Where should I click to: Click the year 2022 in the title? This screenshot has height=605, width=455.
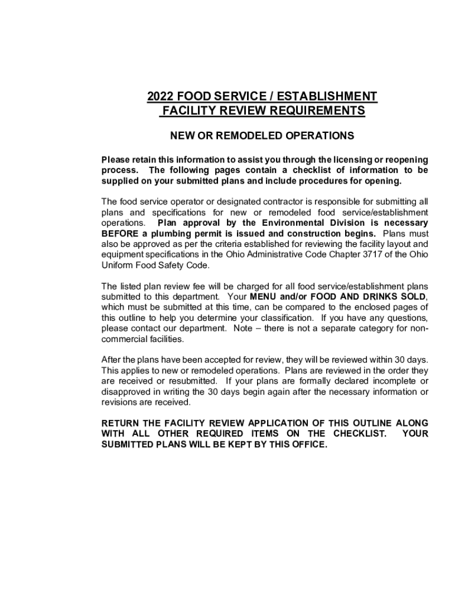(x=160, y=96)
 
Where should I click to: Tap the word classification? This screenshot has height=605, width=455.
(x=287, y=317)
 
